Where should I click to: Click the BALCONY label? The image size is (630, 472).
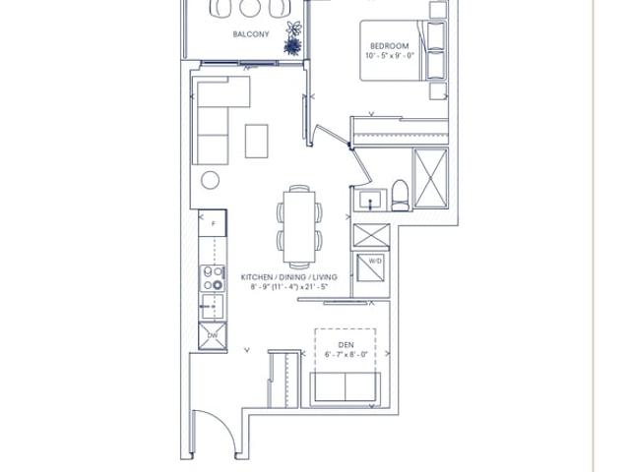click(251, 34)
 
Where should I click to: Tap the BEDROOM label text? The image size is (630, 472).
click(390, 46)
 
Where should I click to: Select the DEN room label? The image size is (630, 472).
click(346, 345)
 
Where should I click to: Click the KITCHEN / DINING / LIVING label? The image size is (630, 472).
click(288, 277)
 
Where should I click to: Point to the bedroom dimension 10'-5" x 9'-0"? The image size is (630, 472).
click(390, 55)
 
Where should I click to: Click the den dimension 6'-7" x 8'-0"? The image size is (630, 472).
click(346, 354)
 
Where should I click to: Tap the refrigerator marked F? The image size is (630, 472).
click(213, 223)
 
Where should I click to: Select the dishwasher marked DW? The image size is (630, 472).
click(213, 335)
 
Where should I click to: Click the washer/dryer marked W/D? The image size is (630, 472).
click(370, 267)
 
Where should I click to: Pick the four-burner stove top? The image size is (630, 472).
click(213, 278)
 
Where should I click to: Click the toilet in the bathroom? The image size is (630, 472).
click(400, 196)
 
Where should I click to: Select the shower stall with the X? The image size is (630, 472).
click(431, 178)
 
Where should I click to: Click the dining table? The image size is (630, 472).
click(299, 227)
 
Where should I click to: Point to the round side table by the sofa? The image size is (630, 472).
click(210, 180)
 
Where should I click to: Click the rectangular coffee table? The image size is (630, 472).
click(256, 141)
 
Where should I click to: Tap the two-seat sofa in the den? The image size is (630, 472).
click(346, 386)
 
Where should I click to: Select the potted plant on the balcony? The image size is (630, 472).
click(293, 38)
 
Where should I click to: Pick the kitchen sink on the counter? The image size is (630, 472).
click(213, 307)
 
